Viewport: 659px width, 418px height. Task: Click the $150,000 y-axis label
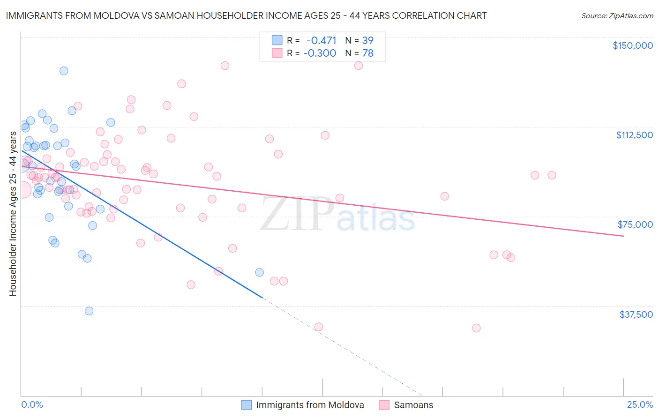pyautogui.click(x=632, y=45)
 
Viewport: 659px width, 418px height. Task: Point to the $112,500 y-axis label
pyautogui.click(x=634, y=135)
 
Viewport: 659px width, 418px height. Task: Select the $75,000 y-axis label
pyautogui.click(x=635, y=224)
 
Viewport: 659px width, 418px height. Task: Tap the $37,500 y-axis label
pyautogui.click(x=636, y=314)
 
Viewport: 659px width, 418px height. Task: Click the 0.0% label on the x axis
pyautogui.click(x=32, y=404)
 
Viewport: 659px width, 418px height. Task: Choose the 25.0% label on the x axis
pyautogui.click(x=640, y=404)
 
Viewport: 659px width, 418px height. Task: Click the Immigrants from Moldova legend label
pyautogui.click(x=310, y=405)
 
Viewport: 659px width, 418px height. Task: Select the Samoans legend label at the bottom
pyautogui.click(x=413, y=405)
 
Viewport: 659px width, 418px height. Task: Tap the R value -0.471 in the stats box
pyautogui.click(x=321, y=40)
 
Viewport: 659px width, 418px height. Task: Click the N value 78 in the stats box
pyautogui.click(x=368, y=53)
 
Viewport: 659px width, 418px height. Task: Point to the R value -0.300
pyautogui.click(x=320, y=53)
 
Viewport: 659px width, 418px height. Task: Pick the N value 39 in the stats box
pyautogui.click(x=368, y=40)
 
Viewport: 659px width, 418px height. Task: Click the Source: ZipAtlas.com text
pyautogui.click(x=617, y=15)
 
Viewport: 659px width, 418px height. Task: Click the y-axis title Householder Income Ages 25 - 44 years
pyautogui.click(x=13, y=214)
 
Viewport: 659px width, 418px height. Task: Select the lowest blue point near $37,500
pyautogui.click(x=89, y=311)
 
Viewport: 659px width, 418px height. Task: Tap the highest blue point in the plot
pyautogui.click(x=64, y=71)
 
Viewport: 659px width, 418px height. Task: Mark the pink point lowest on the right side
pyautogui.click(x=476, y=328)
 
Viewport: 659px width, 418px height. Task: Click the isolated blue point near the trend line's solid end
pyautogui.click(x=259, y=272)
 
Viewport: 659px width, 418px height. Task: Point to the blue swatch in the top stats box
pyautogui.click(x=277, y=40)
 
